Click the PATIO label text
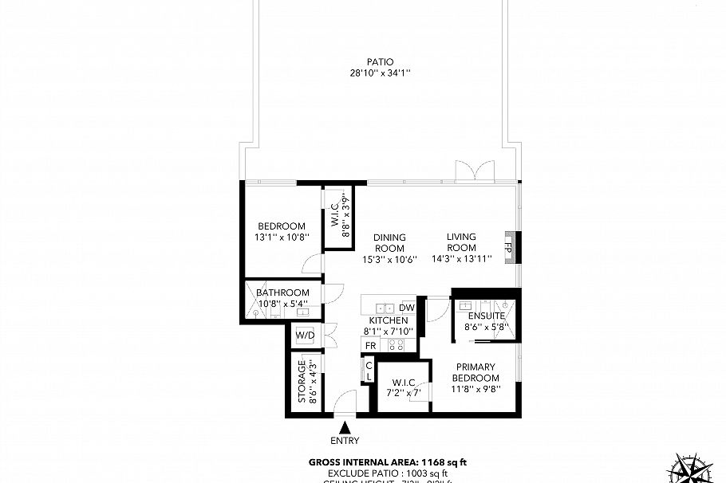(380, 61)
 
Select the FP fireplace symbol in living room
(507, 246)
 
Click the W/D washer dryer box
(305, 336)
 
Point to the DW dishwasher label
(406, 308)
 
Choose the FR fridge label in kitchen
(370, 345)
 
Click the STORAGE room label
(302, 382)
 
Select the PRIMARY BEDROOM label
(475, 372)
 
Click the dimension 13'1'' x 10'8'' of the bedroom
(275, 238)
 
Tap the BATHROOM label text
(282, 293)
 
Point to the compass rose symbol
(691, 469)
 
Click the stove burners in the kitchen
(395, 345)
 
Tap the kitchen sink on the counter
(382, 307)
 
